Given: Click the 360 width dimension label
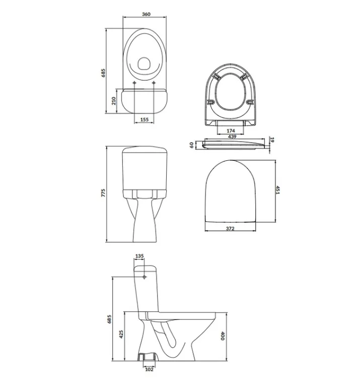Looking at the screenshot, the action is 146,14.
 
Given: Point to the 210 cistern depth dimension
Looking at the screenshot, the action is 113,100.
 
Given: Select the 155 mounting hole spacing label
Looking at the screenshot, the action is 144,119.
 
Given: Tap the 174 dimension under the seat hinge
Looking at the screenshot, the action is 231,131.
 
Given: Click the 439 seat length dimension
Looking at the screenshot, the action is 232,137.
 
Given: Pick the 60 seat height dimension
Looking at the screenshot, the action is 191,145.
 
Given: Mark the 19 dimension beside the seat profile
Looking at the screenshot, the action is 272,140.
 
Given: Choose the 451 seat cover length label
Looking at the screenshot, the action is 277,190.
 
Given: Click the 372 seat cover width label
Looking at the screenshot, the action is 230,228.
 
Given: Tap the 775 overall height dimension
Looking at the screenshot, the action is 103,193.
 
